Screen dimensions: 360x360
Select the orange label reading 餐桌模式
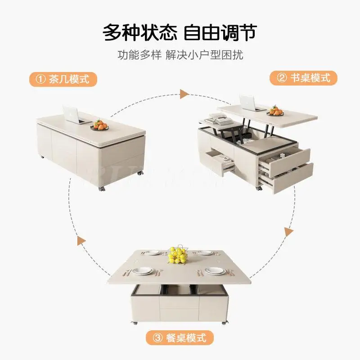179,337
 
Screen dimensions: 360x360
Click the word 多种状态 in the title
140,32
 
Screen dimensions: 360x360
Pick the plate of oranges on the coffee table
100,126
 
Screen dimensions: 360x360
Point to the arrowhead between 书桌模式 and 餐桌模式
288,232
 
